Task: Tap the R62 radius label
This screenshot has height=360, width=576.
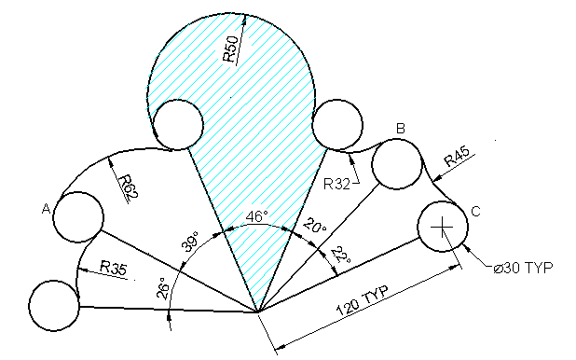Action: click(124, 183)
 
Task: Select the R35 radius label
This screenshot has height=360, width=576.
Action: click(114, 268)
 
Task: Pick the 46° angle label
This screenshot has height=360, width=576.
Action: click(256, 215)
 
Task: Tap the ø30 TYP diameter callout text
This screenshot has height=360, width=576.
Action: click(524, 268)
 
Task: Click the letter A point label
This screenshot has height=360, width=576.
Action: click(45, 210)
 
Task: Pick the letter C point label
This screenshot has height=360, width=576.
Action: click(475, 213)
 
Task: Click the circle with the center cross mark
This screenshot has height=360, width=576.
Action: click(442, 227)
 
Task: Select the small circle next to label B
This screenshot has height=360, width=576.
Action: click(397, 163)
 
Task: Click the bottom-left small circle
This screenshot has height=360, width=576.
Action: click(54, 305)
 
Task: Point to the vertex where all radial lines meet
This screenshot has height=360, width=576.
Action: click(257, 312)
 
